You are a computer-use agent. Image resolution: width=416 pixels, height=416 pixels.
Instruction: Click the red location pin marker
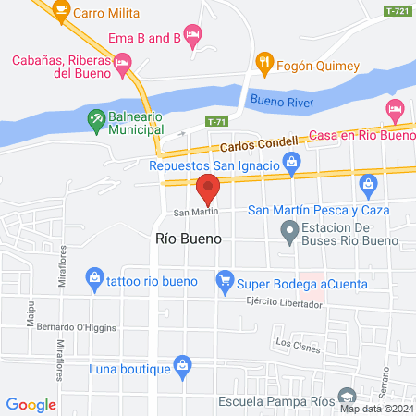[x=208, y=189]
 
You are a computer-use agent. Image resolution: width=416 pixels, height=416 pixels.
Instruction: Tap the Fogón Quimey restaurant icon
[x=264, y=63]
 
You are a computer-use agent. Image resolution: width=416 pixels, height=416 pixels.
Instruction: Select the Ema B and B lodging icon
[x=192, y=36]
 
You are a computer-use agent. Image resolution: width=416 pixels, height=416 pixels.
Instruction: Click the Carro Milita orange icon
[x=62, y=11]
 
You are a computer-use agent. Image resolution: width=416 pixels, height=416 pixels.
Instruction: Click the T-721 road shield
[x=398, y=10]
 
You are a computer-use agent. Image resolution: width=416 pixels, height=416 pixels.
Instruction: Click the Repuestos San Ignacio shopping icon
[x=292, y=165]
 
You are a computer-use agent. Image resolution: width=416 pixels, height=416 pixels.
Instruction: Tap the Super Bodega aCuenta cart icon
[x=224, y=278]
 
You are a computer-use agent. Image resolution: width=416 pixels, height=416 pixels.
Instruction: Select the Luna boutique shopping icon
[x=182, y=368]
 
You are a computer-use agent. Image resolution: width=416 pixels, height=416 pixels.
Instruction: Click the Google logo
[x=31, y=404]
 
